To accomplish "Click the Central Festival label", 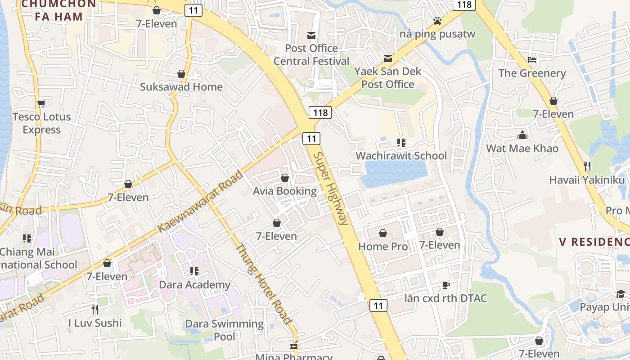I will (311, 61).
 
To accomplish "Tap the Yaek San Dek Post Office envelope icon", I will (387, 58).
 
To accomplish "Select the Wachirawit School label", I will (401, 156).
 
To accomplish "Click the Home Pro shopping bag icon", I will (382, 233).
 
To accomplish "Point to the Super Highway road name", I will (331, 188).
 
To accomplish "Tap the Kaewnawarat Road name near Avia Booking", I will (201, 202).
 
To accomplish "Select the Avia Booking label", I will (285, 191).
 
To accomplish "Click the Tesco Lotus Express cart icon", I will (41, 103).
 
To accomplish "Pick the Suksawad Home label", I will (181, 87).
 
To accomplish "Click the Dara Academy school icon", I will (194, 271).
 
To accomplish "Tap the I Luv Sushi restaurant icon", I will (94, 309).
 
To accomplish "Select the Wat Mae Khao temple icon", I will (522, 135).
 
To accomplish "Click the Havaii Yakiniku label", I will (587, 180).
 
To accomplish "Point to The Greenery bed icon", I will (532, 60).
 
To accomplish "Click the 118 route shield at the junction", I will (320, 112).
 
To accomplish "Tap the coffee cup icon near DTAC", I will (445, 285).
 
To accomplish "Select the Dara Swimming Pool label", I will (225, 330).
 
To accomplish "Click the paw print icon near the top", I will (437, 20).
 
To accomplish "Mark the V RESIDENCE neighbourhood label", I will (594, 242).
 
